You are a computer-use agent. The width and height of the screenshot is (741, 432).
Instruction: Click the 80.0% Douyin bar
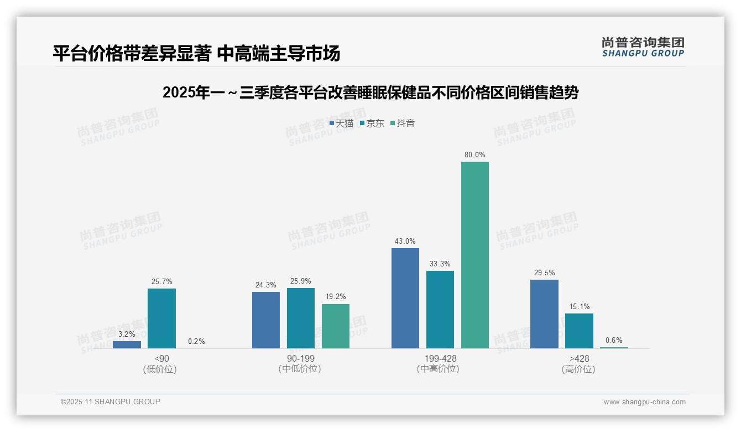click(475, 255)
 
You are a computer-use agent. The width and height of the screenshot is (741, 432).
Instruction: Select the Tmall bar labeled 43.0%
click(405, 298)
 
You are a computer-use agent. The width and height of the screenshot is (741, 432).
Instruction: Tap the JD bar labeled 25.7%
click(161, 318)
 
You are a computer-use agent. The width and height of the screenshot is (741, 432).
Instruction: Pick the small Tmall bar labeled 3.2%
click(127, 344)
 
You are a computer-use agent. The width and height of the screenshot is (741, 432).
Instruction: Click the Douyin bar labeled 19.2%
click(336, 326)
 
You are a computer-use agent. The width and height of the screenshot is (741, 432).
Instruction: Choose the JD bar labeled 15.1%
click(579, 331)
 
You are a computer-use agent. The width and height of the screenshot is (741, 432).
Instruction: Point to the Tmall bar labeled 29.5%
click(544, 314)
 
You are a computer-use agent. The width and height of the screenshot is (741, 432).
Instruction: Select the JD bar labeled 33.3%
click(440, 309)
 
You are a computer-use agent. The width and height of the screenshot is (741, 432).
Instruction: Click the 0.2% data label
click(196, 341)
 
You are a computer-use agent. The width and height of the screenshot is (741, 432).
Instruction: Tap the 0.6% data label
click(614, 340)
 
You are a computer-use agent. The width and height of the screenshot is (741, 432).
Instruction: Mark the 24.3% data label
click(266, 285)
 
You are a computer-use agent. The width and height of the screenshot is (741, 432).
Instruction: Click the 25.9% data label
click(301, 281)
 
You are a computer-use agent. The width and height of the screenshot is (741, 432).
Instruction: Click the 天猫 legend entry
click(342, 124)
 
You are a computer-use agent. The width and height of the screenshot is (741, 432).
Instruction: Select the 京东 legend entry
click(372, 124)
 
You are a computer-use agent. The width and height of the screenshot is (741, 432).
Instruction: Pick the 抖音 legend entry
click(403, 124)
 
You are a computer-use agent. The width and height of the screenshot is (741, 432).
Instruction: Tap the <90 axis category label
click(161, 358)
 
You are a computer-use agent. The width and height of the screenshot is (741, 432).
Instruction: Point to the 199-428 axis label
click(440, 358)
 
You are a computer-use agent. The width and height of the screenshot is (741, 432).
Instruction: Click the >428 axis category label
click(579, 358)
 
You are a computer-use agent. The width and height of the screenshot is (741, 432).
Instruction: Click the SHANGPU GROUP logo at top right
click(643, 47)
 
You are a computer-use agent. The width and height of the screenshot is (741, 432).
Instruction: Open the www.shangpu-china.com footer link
click(644, 402)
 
